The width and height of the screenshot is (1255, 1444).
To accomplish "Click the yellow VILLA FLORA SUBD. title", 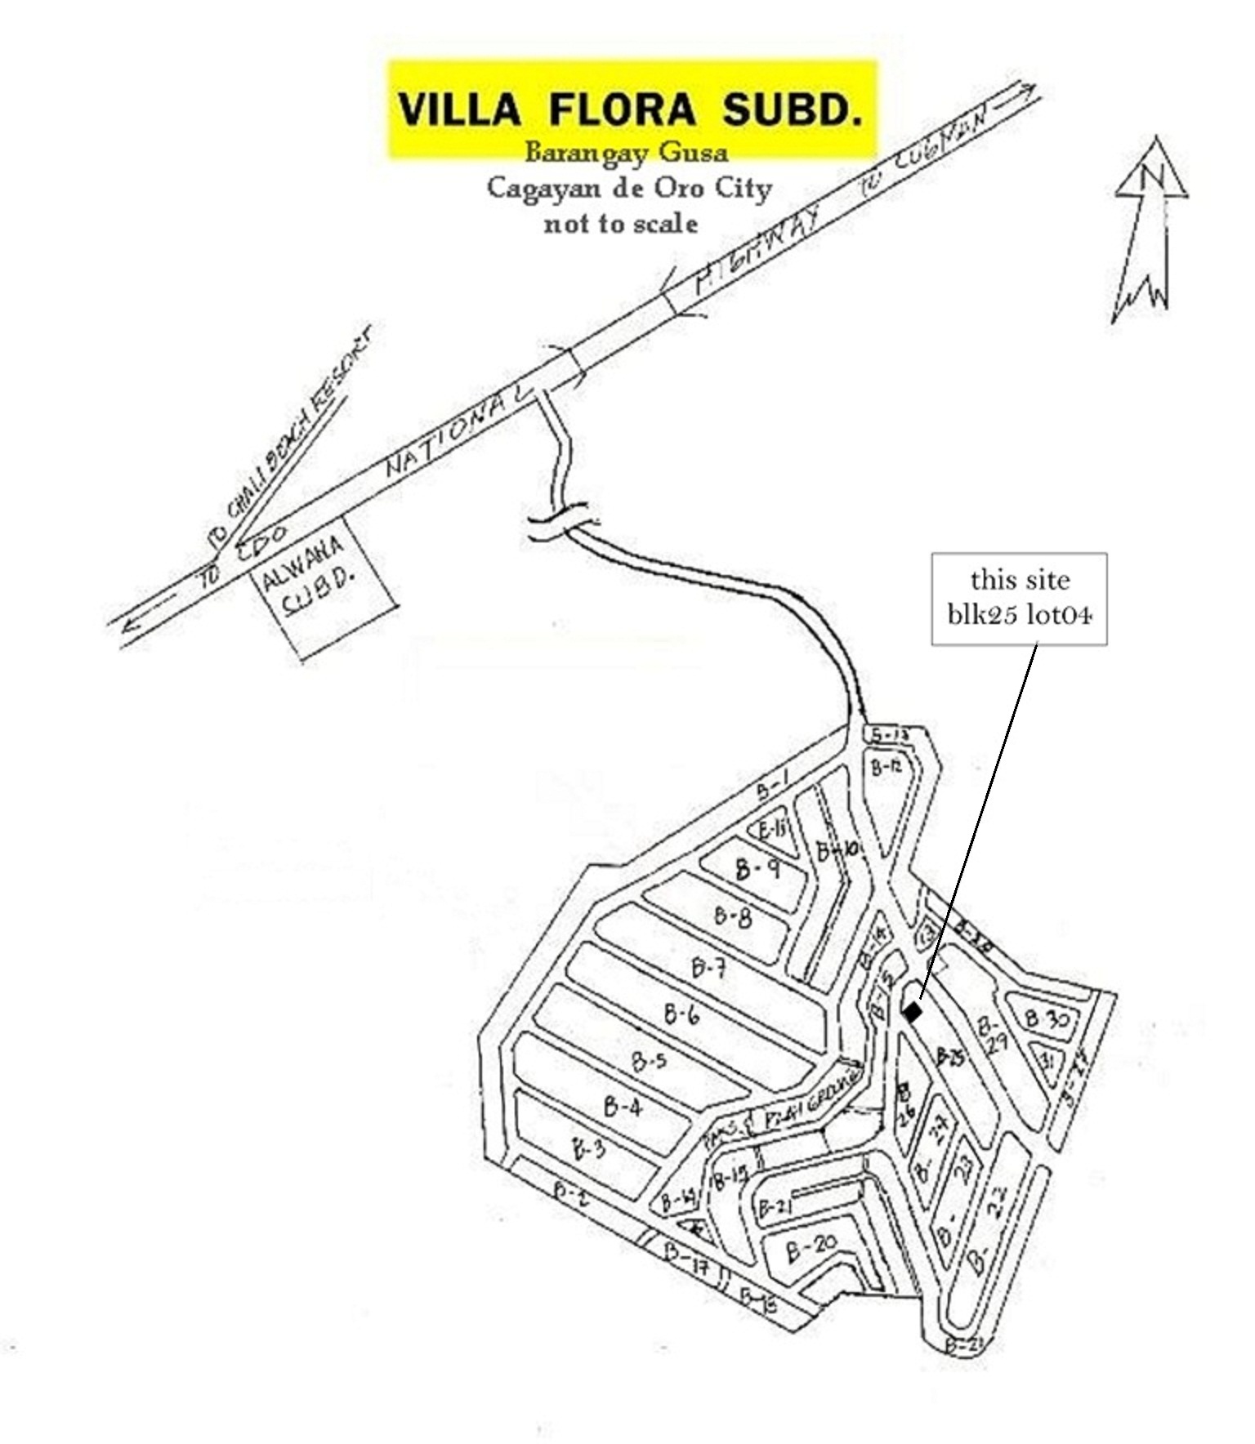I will pos(631,109).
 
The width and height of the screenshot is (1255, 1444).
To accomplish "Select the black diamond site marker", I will pos(913,1012).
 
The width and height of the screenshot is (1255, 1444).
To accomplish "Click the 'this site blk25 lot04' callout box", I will pos(1019,598).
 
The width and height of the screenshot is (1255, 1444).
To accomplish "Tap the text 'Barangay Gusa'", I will pos(626,152).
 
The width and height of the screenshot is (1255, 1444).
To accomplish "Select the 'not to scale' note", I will pos(621,223).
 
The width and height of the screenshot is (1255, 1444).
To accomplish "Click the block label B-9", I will pos(757,869).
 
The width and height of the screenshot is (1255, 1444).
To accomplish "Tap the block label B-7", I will pos(708,969).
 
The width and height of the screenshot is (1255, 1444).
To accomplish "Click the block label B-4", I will pos(623,1108).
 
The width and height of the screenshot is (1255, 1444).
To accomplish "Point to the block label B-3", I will pos(589,1150).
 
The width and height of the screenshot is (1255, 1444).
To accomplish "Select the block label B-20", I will pos(811,1247).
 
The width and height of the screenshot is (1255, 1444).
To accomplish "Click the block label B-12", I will pos(886,767).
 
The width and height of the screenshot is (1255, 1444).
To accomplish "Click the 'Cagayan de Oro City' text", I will pos(629,188).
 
